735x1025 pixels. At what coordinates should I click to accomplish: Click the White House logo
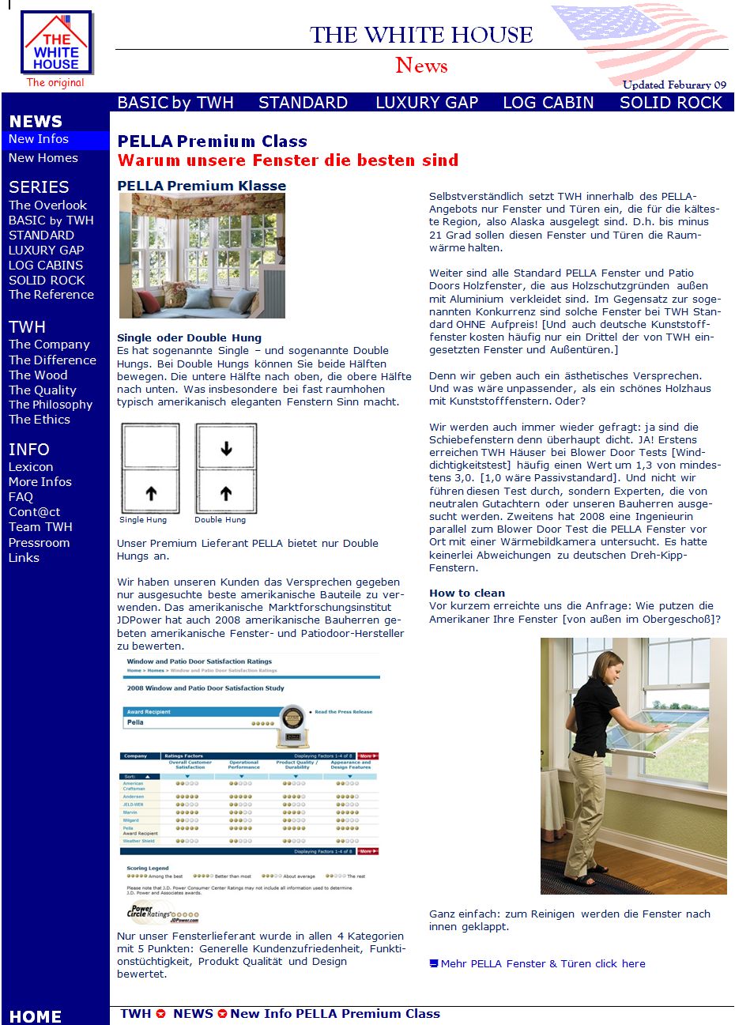point(56,43)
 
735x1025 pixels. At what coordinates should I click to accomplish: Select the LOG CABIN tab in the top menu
point(548,103)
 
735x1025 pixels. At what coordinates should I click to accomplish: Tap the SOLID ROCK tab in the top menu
point(670,103)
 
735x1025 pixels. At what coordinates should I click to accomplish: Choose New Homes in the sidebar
point(43,158)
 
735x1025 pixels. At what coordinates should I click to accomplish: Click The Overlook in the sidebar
point(47,205)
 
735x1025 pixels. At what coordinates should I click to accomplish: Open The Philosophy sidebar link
point(51,405)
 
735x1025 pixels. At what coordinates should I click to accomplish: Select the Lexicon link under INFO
point(31,467)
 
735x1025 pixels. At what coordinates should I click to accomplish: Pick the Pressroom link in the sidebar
point(39,543)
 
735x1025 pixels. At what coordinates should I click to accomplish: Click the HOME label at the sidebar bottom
point(35,1016)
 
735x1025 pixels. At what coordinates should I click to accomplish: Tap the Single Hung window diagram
point(150,469)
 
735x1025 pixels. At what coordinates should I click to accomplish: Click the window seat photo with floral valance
point(202,256)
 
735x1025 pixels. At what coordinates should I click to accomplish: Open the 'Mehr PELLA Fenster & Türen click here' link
point(542,964)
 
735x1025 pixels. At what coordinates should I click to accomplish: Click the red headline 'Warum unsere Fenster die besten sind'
point(288,160)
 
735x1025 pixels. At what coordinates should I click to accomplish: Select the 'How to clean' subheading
point(467,594)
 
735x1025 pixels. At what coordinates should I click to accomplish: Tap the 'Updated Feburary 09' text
point(674,85)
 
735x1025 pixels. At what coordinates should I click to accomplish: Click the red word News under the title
point(421,66)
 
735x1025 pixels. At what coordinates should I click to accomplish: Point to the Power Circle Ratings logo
point(162,912)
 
